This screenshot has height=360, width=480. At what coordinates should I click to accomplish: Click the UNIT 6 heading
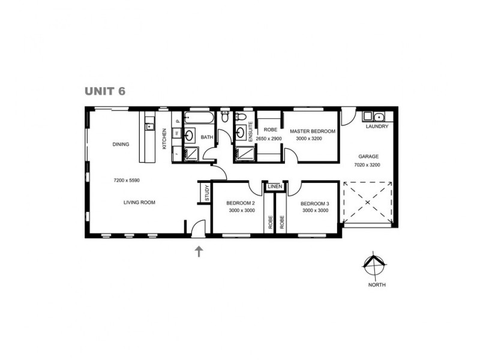pos(104,91)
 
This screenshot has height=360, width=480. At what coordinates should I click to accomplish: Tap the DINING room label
pos(121,144)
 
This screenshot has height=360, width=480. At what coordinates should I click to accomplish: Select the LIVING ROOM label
pos(139,203)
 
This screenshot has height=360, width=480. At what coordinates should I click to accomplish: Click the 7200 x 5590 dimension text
pos(127,180)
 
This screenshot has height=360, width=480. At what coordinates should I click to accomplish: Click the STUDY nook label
pos(206,193)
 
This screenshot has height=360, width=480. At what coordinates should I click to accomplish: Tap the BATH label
pos(207,137)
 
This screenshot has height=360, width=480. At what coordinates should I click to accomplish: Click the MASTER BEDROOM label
pos(312,131)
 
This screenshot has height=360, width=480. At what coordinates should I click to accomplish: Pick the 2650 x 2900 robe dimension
pos(269,139)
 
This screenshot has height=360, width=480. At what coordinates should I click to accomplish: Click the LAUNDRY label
pos(377,127)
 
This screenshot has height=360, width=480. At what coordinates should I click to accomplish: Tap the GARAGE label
pos(368,156)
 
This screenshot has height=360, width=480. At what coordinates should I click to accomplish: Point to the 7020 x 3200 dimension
pos(368,165)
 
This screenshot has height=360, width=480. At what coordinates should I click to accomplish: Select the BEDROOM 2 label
pos(241,203)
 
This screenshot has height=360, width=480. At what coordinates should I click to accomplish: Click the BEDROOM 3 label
pos(315,203)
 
